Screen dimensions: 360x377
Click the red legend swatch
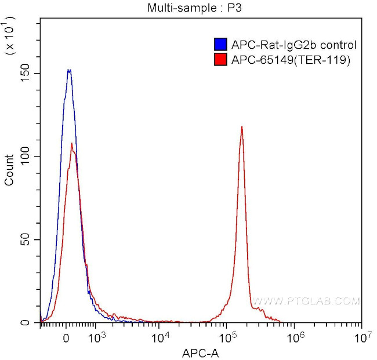pos(220,59)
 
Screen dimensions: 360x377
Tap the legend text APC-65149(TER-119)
pos(291,59)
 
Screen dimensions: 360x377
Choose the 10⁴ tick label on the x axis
pos(161,337)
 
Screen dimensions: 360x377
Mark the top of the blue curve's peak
pos(69,70)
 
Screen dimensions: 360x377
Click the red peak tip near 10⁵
pos(242,126)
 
